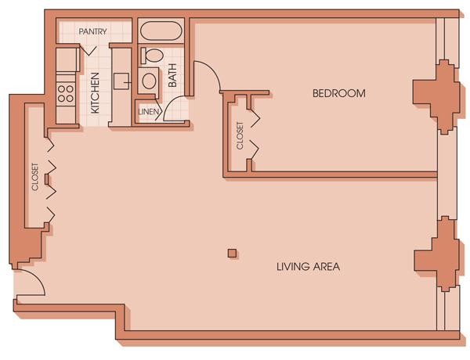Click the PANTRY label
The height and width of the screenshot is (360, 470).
click(x=92, y=31)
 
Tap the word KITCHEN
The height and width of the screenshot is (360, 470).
click(x=95, y=93)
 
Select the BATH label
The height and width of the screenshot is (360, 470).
click(x=172, y=75)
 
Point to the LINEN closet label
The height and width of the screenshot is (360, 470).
click(x=148, y=112)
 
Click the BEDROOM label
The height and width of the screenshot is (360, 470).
click(x=339, y=93)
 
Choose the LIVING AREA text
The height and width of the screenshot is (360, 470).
click(x=308, y=266)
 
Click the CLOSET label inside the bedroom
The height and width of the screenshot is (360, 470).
click(x=240, y=135)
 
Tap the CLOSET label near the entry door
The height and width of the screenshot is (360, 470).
click(x=35, y=177)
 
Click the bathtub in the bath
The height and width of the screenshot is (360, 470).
click(x=161, y=31)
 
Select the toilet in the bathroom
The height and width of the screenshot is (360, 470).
click(x=152, y=56)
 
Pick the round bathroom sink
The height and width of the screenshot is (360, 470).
click(x=149, y=81)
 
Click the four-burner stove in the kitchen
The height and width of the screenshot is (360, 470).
click(x=66, y=93)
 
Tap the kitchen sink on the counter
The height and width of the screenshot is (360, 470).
click(x=121, y=81)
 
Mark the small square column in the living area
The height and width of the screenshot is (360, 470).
click(x=233, y=254)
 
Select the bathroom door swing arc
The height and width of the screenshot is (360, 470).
click(x=169, y=103)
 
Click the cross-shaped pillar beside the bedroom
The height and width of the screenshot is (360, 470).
click(x=436, y=96)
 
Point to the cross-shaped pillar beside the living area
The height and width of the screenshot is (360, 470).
click(x=437, y=254)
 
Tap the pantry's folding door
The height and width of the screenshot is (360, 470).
click(x=89, y=50)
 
